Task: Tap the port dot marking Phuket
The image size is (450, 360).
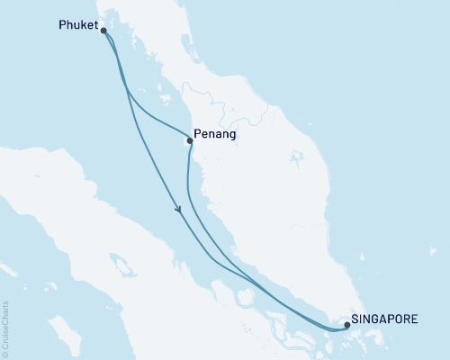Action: pyautogui.click(x=104, y=31)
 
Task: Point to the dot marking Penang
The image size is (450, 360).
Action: pyautogui.click(x=189, y=140)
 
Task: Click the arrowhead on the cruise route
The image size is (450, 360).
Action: pyautogui.click(x=179, y=210)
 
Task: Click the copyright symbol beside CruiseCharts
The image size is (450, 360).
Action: pyautogui.click(x=6, y=353)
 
